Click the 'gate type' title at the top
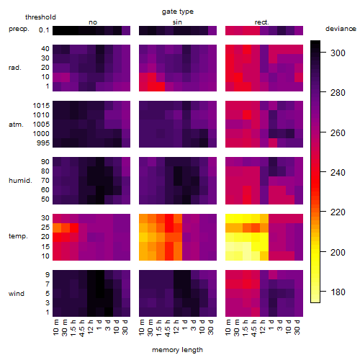pos(178,12)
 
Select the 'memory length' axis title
pos(177,350)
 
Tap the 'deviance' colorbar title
pos(341,29)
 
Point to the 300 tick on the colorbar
pos(323,52)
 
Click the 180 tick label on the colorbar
pos(338,292)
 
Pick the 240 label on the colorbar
pos(338,173)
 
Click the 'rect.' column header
pos(262,22)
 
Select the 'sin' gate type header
pos(177,22)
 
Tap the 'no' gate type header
pos(93,22)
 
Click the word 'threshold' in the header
pos(40,17)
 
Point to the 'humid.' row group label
pos(20,181)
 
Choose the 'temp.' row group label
pos(18,236)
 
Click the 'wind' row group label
pos(17,294)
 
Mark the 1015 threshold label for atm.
pos(41,106)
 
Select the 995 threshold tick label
pos(43,143)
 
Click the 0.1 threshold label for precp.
pos(44,30)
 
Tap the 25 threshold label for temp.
pos(45,228)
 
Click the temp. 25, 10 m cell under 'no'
pos(57,228)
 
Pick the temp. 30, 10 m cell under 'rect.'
pos(230,218)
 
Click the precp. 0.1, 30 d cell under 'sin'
pos(212,30)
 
